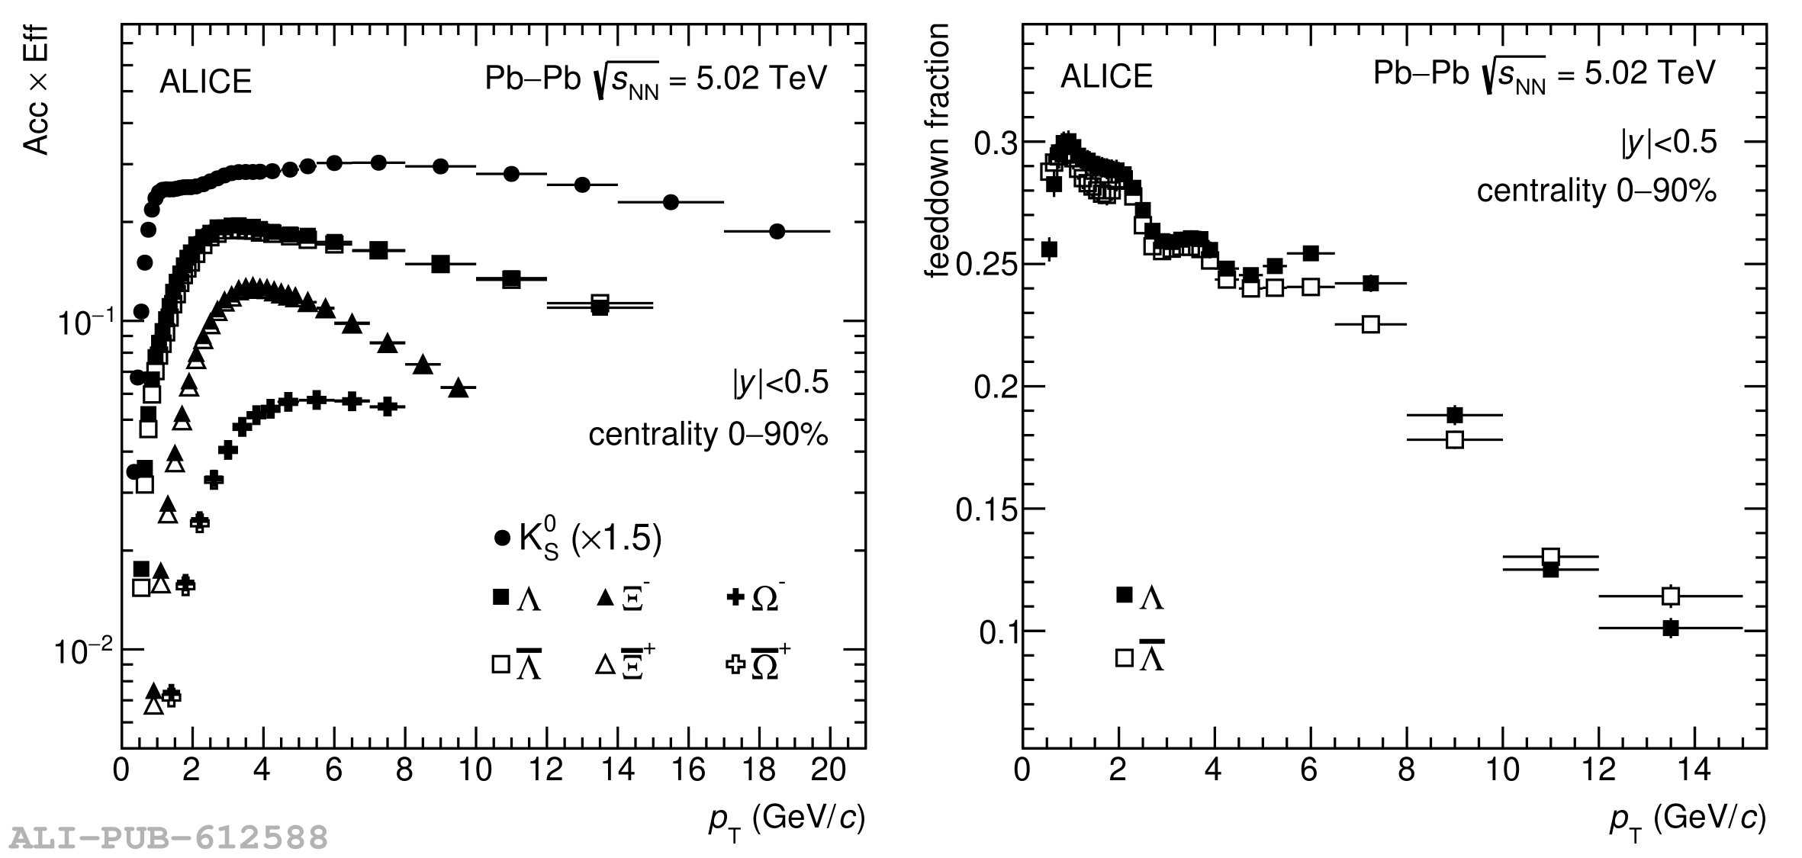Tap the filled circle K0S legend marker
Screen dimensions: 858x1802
(x=502, y=538)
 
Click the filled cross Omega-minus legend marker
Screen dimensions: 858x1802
(x=735, y=598)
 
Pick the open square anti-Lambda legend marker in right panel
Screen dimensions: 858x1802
(x=1125, y=657)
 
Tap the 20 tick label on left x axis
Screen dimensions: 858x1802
(x=829, y=770)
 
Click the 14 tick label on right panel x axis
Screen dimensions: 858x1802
(x=1694, y=770)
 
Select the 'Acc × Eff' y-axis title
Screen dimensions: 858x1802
(x=37, y=90)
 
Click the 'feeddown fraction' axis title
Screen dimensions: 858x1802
(x=937, y=151)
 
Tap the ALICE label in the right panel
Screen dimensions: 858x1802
(x=1106, y=77)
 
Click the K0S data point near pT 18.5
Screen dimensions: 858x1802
(x=777, y=231)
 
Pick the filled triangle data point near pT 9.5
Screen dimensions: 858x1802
(x=458, y=388)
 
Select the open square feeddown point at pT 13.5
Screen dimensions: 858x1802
(x=1671, y=596)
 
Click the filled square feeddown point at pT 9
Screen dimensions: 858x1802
(x=1455, y=415)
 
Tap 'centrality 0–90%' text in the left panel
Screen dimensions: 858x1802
(x=708, y=435)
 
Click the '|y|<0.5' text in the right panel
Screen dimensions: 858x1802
(x=1669, y=143)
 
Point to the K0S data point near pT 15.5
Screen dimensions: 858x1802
(x=671, y=202)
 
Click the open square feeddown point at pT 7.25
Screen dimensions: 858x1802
(x=1371, y=324)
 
